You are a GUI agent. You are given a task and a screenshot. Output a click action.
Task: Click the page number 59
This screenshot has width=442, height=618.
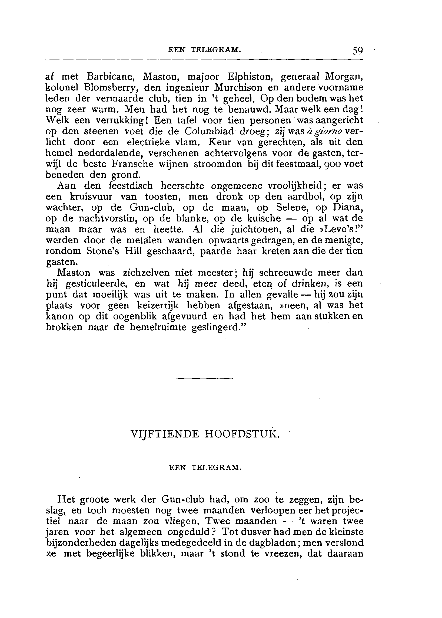click(x=358, y=51)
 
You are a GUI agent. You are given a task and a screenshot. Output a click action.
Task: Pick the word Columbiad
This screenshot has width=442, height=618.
click(x=209, y=131)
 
